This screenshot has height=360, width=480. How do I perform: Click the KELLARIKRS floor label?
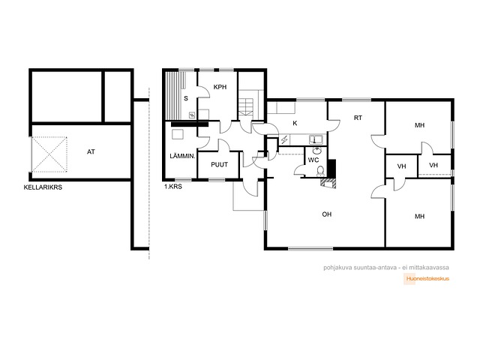[x=43, y=187]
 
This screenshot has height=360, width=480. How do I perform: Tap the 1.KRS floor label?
[x=173, y=187]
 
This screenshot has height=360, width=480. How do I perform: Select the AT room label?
[x=91, y=151]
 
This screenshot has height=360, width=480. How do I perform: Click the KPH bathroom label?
[x=220, y=87]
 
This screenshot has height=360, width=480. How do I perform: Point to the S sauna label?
[x=186, y=98]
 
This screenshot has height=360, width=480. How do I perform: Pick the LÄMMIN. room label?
[x=182, y=156]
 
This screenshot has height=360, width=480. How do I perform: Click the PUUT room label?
[x=220, y=165]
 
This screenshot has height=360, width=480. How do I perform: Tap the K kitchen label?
[x=295, y=123]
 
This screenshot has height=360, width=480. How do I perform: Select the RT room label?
[x=358, y=118]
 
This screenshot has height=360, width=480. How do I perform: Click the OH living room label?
[x=327, y=214]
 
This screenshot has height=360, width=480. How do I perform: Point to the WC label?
[x=313, y=160]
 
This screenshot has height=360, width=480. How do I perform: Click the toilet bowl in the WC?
[x=320, y=171]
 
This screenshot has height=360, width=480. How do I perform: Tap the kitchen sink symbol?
[x=316, y=140]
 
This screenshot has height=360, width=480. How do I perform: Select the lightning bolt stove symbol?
[x=284, y=140]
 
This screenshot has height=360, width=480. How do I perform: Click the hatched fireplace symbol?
[x=328, y=183]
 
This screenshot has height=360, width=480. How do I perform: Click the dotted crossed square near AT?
[x=49, y=154]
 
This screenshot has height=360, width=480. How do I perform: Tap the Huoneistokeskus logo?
[x=427, y=279]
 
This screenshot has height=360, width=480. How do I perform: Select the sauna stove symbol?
[x=192, y=115]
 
